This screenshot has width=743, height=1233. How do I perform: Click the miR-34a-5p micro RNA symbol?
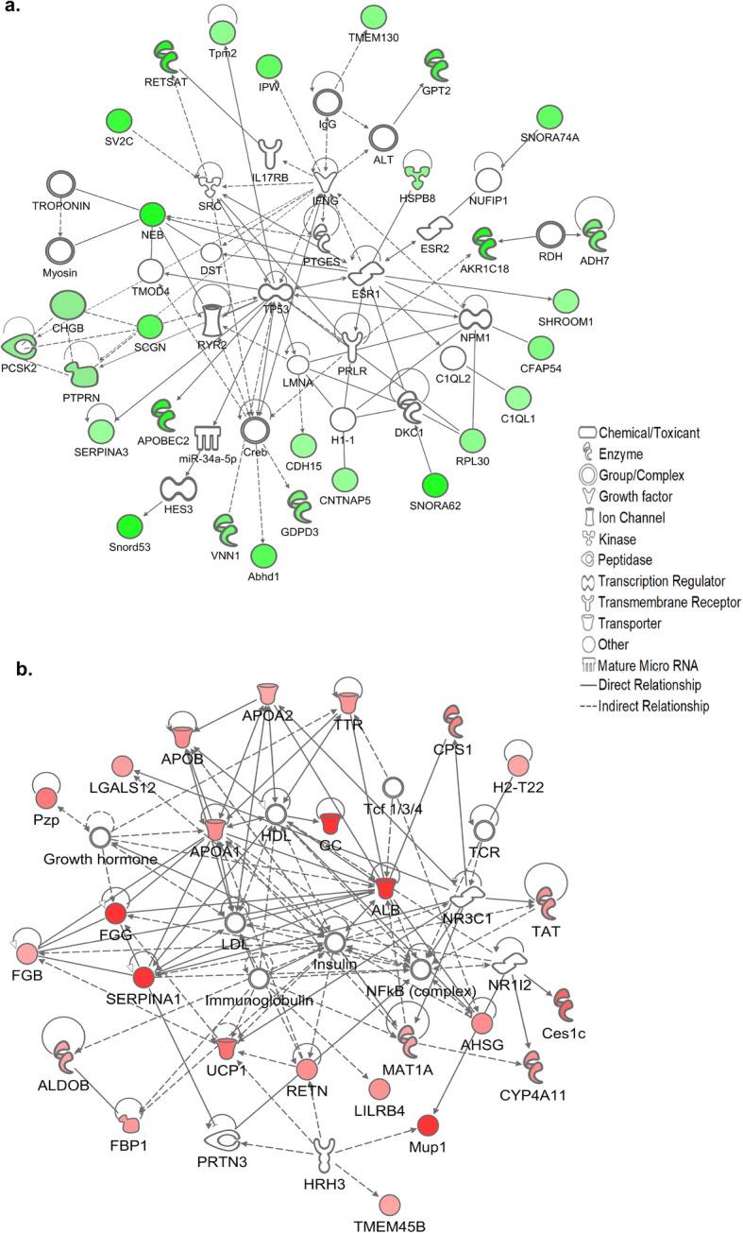[x=207, y=439]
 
